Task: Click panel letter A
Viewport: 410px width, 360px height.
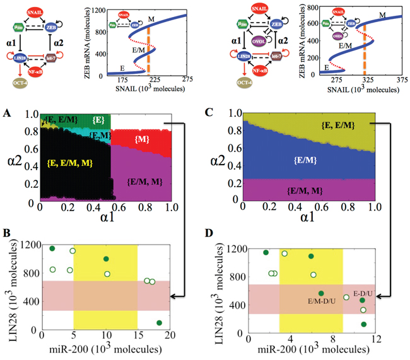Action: click(6, 113)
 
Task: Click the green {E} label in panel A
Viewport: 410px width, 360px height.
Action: click(97, 119)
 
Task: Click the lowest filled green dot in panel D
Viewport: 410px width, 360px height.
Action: click(364, 325)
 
